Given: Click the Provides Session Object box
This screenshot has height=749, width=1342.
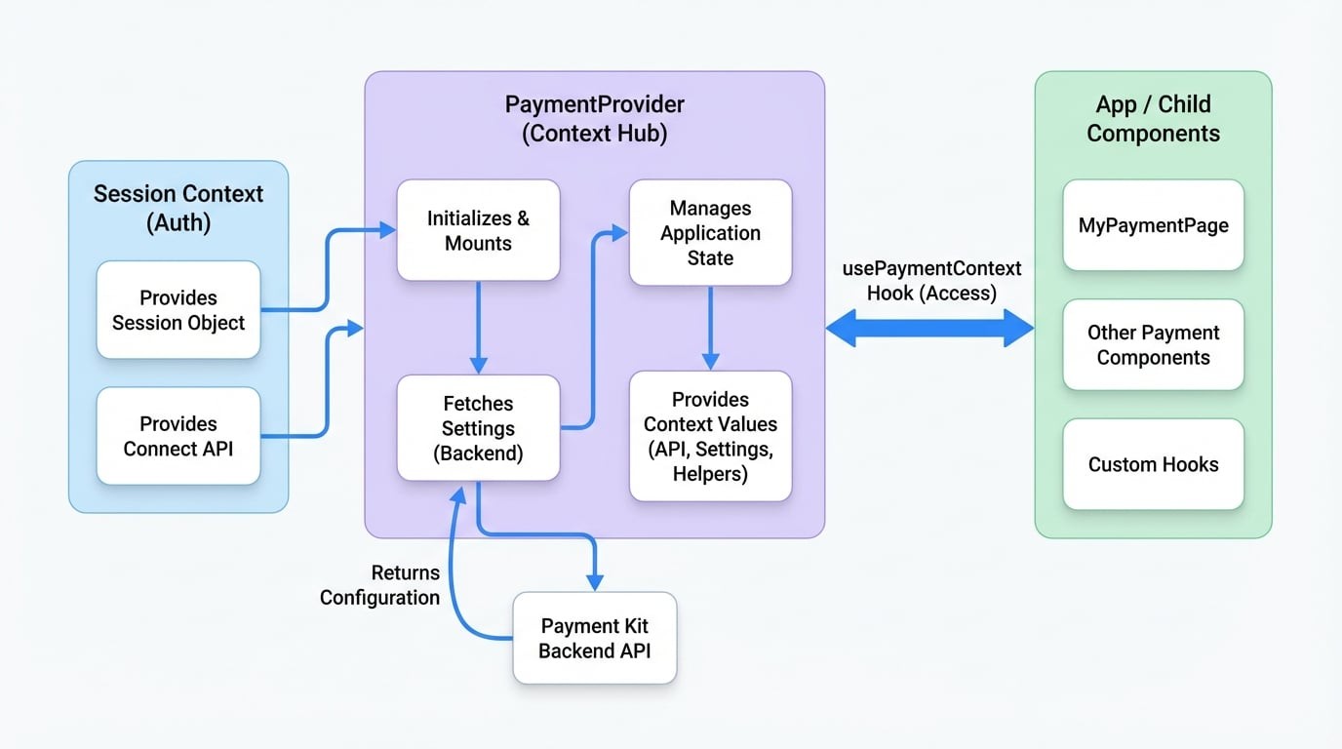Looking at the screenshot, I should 178,309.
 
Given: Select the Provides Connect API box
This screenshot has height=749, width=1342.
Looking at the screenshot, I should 178,436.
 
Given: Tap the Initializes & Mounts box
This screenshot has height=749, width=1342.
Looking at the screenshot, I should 478,230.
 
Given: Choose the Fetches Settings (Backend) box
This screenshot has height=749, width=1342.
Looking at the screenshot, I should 478,428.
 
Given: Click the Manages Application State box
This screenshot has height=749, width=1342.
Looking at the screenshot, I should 710,232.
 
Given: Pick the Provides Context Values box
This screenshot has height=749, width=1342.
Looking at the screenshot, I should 710,436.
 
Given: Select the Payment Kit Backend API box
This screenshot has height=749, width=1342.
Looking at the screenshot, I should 594,638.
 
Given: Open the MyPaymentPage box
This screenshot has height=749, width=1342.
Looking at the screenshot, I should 1153,225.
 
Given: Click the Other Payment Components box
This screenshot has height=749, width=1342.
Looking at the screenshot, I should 1153,344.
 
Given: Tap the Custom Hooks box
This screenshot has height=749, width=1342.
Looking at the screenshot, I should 1153,464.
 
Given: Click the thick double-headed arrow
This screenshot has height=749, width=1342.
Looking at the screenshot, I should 929,329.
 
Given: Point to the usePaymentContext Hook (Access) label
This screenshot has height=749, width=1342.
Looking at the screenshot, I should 931,281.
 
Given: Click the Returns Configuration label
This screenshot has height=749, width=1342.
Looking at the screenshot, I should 380,585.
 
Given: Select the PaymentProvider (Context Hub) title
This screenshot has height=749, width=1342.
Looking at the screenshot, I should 594,119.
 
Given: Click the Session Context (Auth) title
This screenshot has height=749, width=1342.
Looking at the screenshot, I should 178,208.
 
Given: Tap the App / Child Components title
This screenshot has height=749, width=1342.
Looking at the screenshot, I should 1153,119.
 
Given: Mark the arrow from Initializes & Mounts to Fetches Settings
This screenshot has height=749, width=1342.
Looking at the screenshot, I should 478,327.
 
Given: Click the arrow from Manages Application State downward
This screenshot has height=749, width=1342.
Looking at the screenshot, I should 710,327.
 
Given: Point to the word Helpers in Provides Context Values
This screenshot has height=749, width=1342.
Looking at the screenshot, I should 710,474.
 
